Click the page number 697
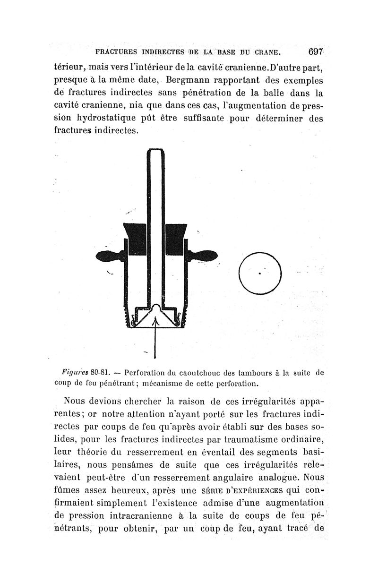click(315, 51)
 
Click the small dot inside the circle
click(260, 273)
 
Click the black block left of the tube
click(134, 239)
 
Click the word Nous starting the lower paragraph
click(77, 403)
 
